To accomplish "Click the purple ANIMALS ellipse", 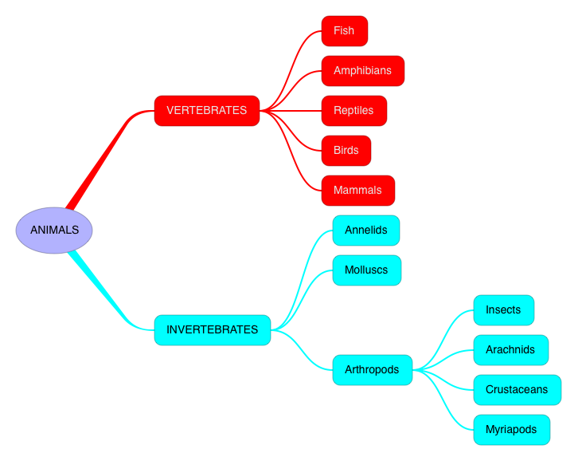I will click(x=54, y=230).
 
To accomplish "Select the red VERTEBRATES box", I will click(x=207, y=110).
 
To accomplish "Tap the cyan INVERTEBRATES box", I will click(x=213, y=329).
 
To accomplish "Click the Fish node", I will click(x=344, y=30).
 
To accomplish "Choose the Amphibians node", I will click(x=362, y=70).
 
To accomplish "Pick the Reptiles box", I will click(x=353, y=110).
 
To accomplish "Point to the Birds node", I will click(x=346, y=150).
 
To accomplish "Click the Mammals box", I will click(x=357, y=190).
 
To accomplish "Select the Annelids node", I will click(x=365, y=230).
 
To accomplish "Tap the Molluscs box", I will click(x=366, y=270).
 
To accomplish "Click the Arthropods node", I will click(x=372, y=369).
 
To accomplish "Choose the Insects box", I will click(x=503, y=309).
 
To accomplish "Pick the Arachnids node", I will click(x=510, y=349).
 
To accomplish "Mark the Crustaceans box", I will click(x=517, y=389).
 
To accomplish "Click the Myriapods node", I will click(x=511, y=429).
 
